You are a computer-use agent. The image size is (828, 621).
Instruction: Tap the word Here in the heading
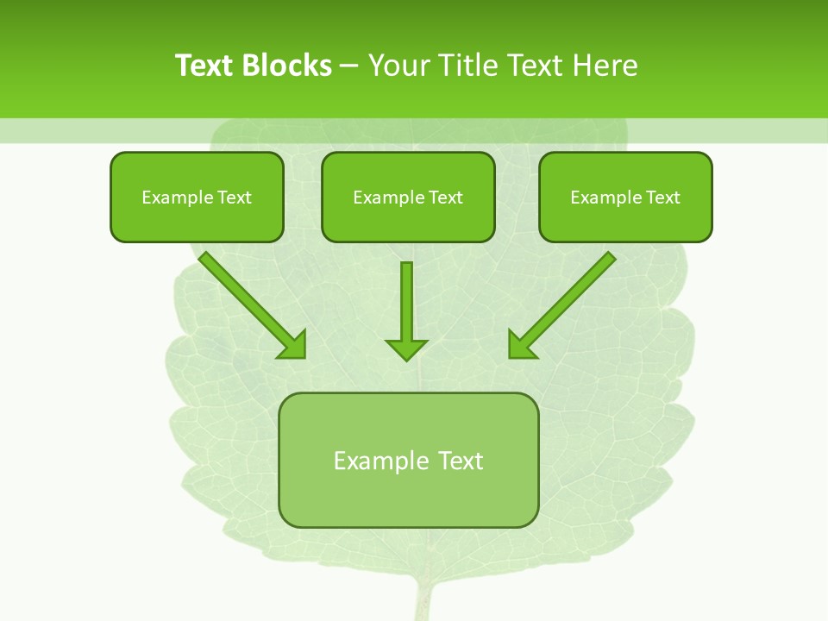606,66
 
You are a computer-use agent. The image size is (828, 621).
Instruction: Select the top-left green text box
197,197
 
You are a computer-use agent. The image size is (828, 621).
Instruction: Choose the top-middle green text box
408,197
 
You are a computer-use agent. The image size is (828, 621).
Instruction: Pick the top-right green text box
625,197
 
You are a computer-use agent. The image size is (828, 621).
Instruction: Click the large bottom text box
409,461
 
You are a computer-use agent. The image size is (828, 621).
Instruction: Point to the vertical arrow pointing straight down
406,302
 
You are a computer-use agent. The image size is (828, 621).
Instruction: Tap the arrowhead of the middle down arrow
406,348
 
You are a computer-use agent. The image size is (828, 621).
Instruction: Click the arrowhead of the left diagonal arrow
292,344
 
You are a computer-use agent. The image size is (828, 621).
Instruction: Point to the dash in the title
350,66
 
